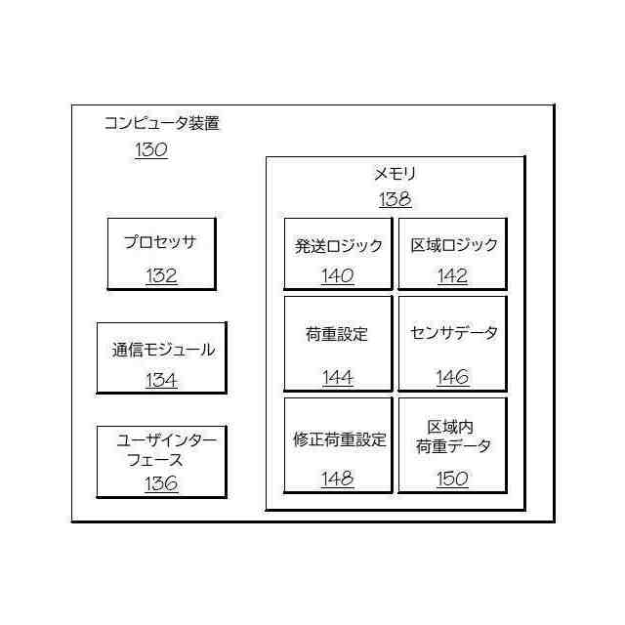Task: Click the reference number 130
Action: pyautogui.click(x=150, y=150)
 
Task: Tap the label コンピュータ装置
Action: pyautogui.click(x=162, y=124)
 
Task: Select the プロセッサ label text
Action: pyautogui.click(x=160, y=242)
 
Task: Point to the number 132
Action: pyautogui.click(x=161, y=275)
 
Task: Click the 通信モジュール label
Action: pyautogui.click(x=163, y=350)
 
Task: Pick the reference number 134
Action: pyautogui.click(x=161, y=380)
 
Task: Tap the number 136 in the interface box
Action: pyautogui.click(x=161, y=482)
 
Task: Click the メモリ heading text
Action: pyautogui.click(x=396, y=175)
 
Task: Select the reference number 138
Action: pyautogui.click(x=396, y=200)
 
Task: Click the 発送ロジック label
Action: pyautogui.click(x=339, y=246)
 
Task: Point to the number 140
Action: pyautogui.click(x=338, y=276)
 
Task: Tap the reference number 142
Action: pyautogui.click(x=452, y=276)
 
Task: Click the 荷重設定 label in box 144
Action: pyautogui.click(x=338, y=334)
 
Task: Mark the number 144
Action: pyautogui.click(x=338, y=378)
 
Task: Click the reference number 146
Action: pyautogui.click(x=452, y=378)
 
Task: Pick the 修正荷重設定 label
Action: pyautogui.click(x=339, y=439)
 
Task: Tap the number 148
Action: pyautogui.click(x=338, y=479)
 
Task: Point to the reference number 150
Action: pyautogui.click(x=452, y=479)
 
